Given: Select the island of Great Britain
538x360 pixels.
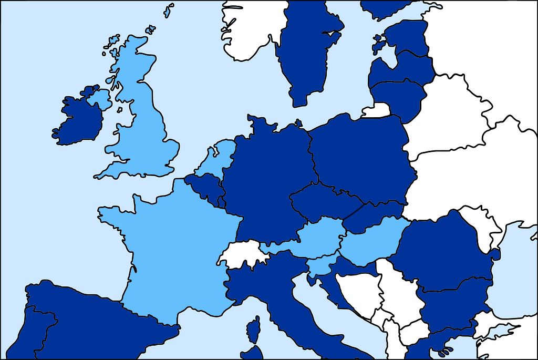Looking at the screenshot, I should coord(142,126).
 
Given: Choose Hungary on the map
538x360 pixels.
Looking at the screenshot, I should coord(373,239).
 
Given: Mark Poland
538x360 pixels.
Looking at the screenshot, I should coord(363,158).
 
